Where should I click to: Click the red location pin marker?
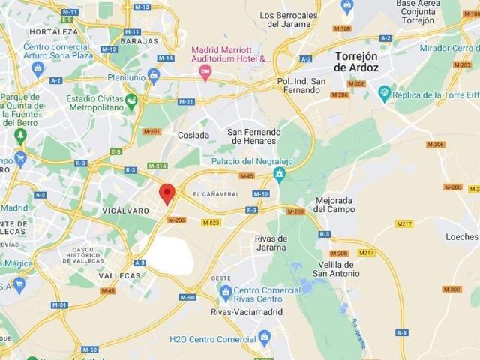click(169, 193)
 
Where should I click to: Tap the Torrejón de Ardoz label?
click(356, 62)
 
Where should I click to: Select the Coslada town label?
click(193, 136)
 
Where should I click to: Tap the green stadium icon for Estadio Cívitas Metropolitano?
click(131, 100)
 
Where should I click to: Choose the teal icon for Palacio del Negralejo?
click(279, 175)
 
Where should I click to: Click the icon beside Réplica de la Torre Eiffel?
click(385, 93)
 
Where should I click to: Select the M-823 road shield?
click(211, 222)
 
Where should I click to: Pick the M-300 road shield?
click(451, 289)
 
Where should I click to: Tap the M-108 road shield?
click(341, 28)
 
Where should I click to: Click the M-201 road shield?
click(151, 131)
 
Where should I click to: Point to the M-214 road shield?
click(157, 166)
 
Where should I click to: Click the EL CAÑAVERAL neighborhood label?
click(215, 194)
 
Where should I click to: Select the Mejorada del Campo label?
click(334, 205)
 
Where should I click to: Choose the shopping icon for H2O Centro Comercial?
click(263, 337)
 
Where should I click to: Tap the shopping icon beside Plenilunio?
click(154, 76)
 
